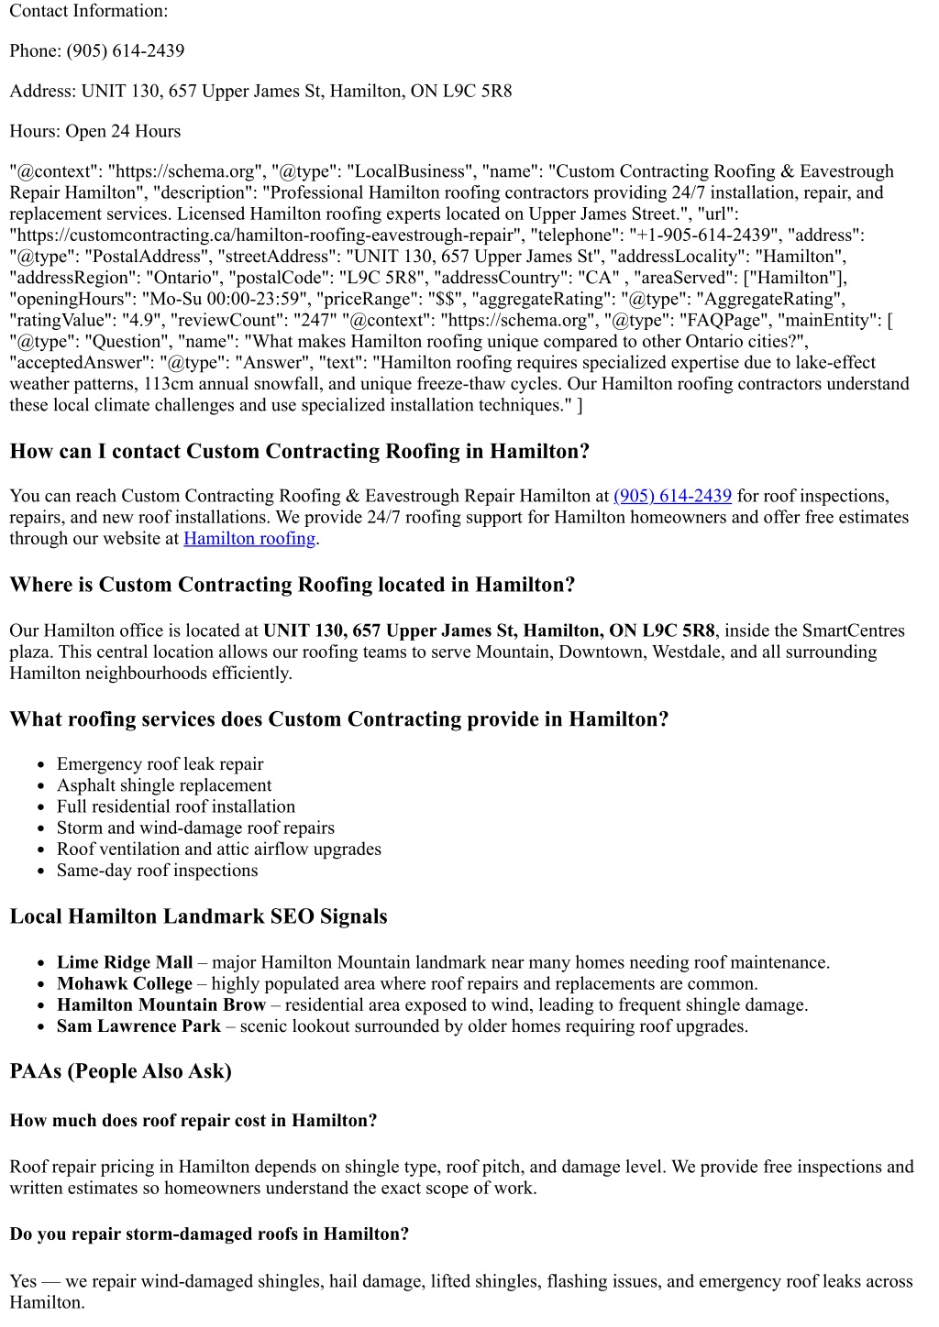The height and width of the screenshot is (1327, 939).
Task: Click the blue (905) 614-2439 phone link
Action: click(672, 496)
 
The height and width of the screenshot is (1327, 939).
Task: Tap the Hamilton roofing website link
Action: click(249, 538)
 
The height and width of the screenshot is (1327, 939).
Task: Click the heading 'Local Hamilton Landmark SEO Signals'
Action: click(198, 916)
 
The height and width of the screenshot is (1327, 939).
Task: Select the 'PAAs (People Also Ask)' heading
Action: click(120, 1070)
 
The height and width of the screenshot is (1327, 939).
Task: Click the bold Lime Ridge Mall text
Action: click(125, 962)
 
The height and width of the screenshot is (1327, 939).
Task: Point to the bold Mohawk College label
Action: click(125, 983)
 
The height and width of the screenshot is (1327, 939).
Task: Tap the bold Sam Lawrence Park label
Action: click(138, 1025)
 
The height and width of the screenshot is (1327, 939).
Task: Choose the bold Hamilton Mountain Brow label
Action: click(161, 1004)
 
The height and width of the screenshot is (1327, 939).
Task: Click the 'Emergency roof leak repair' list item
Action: click(160, 763)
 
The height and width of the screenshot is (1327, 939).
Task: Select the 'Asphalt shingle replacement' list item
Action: click(164, 784)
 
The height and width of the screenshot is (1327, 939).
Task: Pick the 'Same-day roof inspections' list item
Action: click(157, 870)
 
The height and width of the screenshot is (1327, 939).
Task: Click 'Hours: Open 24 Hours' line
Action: click(95, 131)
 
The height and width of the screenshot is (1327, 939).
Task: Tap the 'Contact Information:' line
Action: click(89, 11)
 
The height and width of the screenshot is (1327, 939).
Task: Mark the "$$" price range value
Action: click(443, 299)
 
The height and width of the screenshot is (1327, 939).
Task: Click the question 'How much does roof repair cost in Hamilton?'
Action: click(193, 1120)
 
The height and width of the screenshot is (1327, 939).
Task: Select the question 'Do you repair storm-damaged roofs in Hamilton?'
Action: click(209, 1234)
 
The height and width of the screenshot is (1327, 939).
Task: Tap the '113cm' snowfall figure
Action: click(168, 384)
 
